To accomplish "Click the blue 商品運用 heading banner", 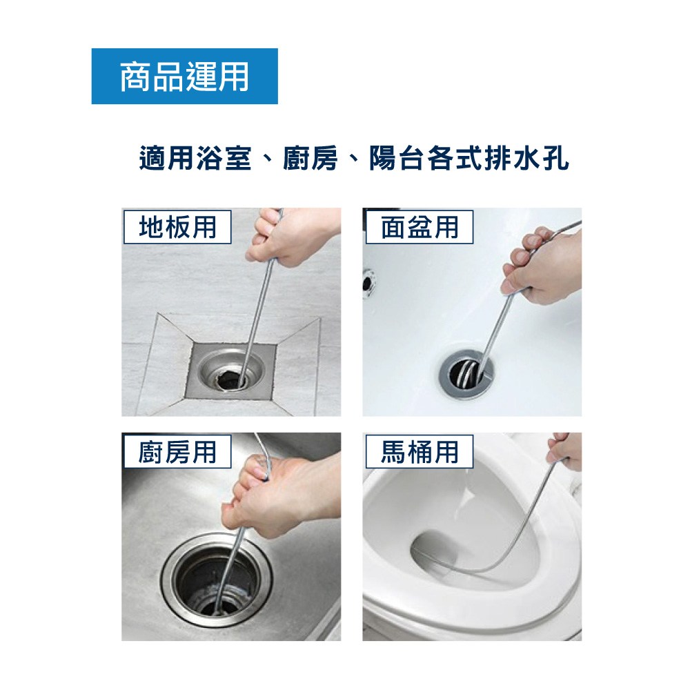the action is point(184,76).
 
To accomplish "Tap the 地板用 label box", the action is point(177,227).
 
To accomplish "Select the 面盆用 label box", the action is point(420,227).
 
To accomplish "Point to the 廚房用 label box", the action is point(177,451).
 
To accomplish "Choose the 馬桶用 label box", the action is point(420,451).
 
